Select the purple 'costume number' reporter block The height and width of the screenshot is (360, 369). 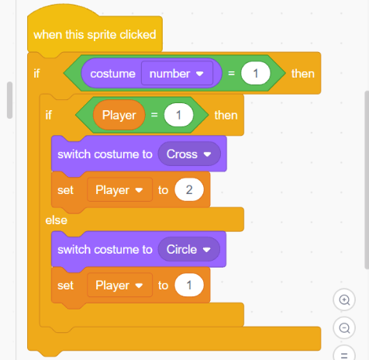151,74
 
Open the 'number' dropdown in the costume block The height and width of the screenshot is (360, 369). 177,74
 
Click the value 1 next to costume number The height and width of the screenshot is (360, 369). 256,74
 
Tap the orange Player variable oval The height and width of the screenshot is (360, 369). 119,115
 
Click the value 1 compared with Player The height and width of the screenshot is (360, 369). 178,115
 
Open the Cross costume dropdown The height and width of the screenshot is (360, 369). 189,154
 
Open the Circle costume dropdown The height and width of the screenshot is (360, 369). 189,250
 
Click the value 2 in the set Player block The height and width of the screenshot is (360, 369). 189,190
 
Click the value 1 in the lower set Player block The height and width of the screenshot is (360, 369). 189,286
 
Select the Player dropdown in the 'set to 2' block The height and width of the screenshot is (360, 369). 119,190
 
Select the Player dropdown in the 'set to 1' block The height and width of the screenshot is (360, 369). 119,286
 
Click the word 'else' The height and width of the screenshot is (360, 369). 57,220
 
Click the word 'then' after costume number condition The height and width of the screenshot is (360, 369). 303,74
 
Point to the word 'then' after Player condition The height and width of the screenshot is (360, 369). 226,116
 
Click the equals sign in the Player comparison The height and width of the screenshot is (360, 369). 154,115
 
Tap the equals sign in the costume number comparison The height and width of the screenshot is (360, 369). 231,74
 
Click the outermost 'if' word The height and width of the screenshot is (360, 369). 36,74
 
